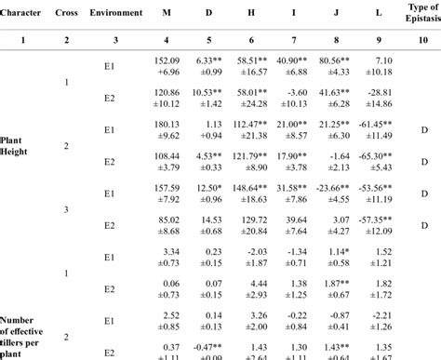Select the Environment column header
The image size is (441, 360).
116,13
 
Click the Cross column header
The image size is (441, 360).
67,13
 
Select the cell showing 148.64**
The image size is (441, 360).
251,188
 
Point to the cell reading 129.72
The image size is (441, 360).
251,220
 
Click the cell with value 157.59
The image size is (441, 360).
167,188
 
